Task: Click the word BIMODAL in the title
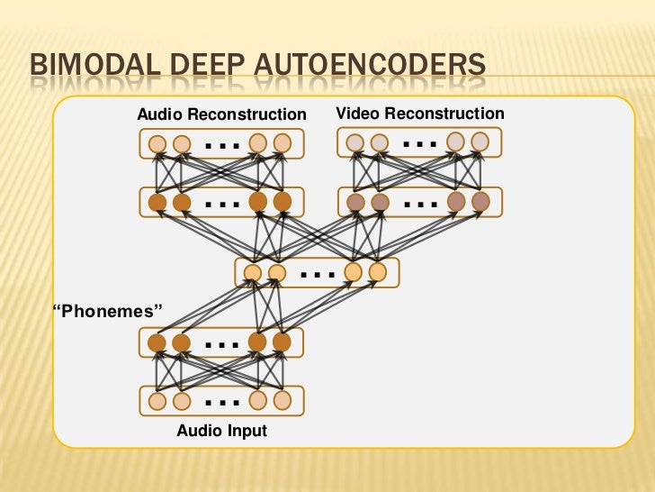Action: coord(83,68)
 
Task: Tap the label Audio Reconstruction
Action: coord(221,114)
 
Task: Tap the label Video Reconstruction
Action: coord(420,114)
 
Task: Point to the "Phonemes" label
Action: coord(108,312)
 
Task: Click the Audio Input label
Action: coord(221,431)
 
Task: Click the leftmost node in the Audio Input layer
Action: coord(157,401)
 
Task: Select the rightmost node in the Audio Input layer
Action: coord(283,401)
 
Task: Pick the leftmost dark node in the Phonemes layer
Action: coord(157,342)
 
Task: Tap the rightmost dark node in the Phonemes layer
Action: coord(283,342)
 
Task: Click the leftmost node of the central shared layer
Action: coord(253,272)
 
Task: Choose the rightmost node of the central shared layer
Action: coord(377,272)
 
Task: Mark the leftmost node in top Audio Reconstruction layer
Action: coord(157,143)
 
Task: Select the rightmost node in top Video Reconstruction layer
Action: coord(480,141)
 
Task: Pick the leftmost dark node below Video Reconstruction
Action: coord(355,202)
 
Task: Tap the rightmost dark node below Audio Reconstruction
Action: coord(283,202)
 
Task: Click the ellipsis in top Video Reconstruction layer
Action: coord(419,142)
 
